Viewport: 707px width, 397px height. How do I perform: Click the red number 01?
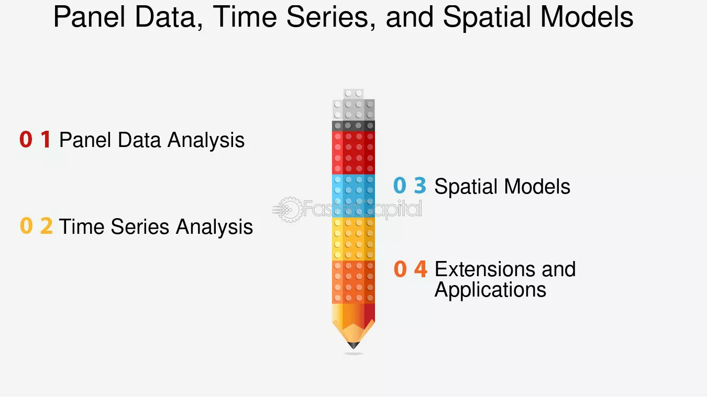[x=35, y=139]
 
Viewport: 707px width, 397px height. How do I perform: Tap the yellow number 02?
[x=36, y=226]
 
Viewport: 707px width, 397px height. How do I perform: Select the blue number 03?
[x=410, y=185]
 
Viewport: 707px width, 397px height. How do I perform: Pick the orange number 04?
[x=410, y=269]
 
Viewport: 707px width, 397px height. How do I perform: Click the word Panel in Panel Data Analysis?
[x=85, y=140]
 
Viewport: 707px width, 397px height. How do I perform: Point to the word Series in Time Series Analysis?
[x=140, y=226]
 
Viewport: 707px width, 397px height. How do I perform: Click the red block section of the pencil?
[x=353, y=153]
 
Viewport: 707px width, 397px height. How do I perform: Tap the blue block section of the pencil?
[x=353, y=196]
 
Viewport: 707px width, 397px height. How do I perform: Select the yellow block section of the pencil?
[x=353, y=239]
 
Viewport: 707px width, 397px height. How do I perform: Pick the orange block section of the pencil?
[x=353, y=282]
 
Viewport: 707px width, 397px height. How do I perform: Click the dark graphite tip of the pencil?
[x=353, y=345]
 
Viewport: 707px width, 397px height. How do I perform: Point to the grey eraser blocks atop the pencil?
[x=353, y=105]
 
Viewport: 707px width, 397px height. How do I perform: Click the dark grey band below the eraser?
[x=353, y=126]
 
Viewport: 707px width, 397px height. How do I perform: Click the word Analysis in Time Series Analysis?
[x=214, y=227]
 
